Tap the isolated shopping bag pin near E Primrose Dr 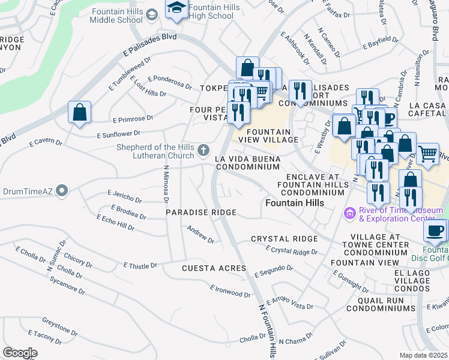coord(79,112)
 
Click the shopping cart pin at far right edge coord(427,153)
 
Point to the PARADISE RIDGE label coord(201,213)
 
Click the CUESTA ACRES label coord(214,268)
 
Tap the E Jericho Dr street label coord(124,196)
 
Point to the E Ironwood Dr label coord(231,291)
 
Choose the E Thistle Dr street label coord(140,265)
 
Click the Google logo coord(20,353)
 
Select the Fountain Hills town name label coord(295,203)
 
